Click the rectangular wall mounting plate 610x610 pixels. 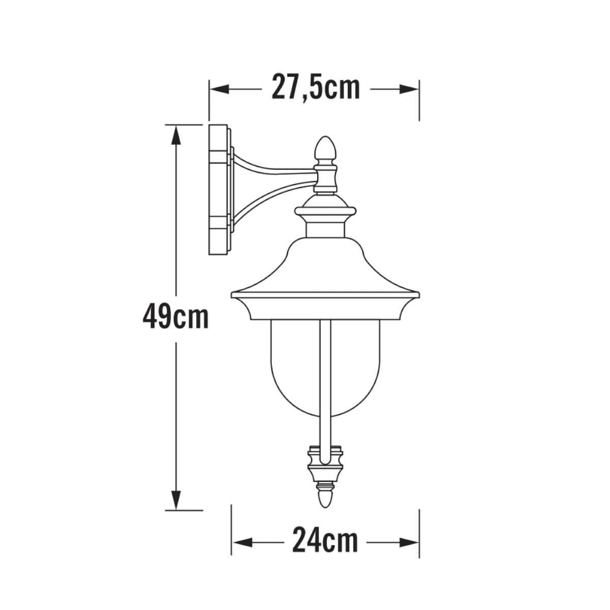219,190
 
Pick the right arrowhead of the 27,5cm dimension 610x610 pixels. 409,89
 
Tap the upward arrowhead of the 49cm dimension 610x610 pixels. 176,135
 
